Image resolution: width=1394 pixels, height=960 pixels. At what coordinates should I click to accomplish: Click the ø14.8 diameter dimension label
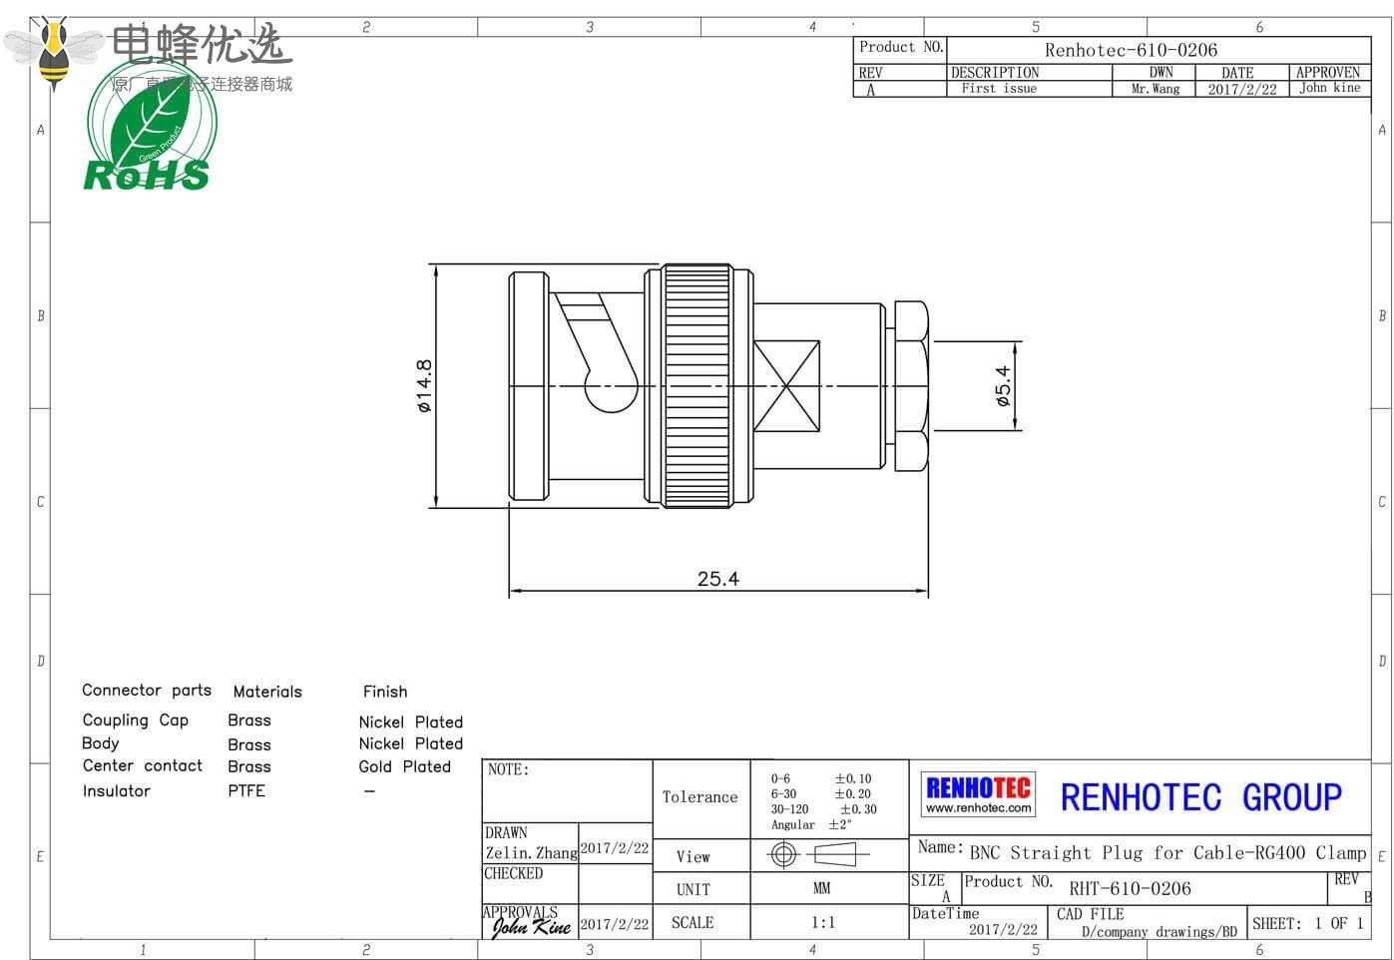point(424,386)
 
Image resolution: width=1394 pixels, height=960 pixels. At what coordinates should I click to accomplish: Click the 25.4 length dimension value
point(717,579)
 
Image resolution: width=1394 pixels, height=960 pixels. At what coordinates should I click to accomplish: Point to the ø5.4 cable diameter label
point(1002,386)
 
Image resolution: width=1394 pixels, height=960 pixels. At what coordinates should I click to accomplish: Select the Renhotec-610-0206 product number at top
point(1131,50)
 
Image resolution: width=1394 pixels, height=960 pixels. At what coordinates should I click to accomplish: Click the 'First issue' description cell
point(999,89)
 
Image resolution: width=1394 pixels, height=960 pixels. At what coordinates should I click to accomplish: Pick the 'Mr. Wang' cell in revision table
point(1156,89)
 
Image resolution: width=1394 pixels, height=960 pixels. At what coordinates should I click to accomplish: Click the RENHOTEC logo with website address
point(978,795)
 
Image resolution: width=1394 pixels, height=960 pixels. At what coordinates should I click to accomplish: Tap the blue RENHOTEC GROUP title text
point(1200,797)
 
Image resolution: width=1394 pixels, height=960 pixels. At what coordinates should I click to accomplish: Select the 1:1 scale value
point(823,923)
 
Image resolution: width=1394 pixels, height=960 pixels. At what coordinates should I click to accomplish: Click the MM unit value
point(822,888)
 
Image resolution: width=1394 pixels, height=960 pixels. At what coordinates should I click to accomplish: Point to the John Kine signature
point(531,927)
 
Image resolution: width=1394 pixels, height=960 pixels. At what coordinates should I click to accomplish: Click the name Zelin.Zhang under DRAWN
point(531,853)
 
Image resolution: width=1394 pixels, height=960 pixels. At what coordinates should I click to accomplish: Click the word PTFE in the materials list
point(246,791)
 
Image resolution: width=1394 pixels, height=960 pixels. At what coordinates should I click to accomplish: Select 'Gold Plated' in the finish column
point(405,766)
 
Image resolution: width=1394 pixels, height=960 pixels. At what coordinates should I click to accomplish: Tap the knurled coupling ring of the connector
point(698,386)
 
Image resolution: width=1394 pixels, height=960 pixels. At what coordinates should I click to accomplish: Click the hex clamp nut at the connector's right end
point(911,386)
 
